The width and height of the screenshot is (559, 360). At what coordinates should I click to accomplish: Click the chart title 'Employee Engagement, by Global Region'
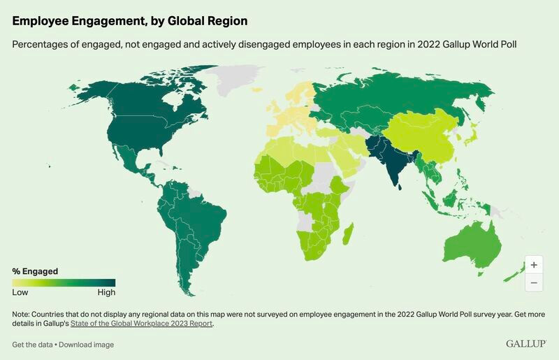tap(129, 22)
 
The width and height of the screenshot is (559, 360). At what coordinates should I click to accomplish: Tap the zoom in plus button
tap(533, 265)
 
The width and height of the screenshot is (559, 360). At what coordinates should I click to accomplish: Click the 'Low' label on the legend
tap(20, 292)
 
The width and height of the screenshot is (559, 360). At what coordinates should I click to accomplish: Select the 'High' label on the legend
tap(106, 292)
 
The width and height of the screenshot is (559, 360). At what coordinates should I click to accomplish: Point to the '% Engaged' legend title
tap(35, 271)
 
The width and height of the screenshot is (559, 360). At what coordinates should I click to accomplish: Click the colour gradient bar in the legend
tap(64, 282)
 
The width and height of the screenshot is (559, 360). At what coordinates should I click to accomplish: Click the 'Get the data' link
tap(33, 345)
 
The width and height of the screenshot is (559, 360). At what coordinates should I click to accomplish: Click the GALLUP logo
tap(526, 344)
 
